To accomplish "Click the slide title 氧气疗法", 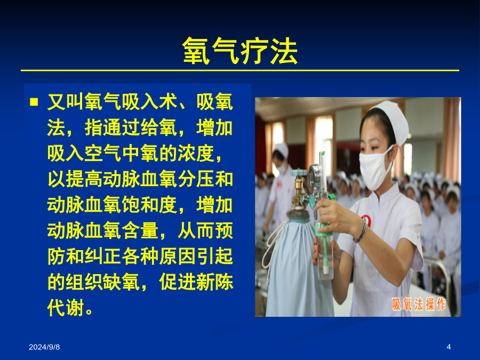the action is click(x=240, y=51).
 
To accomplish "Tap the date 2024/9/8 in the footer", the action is click(x=44, y=347).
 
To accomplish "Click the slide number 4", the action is click(x=449, y=347).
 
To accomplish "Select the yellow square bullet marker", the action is click(x=34, y=102).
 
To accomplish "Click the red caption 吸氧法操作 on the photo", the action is click(x=419, y=305).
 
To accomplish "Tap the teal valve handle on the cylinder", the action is click(x=299, y=173).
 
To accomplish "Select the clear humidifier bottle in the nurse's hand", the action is click(x=325, y=252).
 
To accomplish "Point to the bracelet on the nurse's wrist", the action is click(x=362, y=230).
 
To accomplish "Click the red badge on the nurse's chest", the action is click(x=366, y=220).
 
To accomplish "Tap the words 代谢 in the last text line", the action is click(x=66, y=308).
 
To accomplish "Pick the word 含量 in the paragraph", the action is click(x=140, y=230).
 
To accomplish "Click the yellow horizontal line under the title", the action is click(x=240, y=70).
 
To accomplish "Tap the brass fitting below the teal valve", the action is click(x=298, y=191).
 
